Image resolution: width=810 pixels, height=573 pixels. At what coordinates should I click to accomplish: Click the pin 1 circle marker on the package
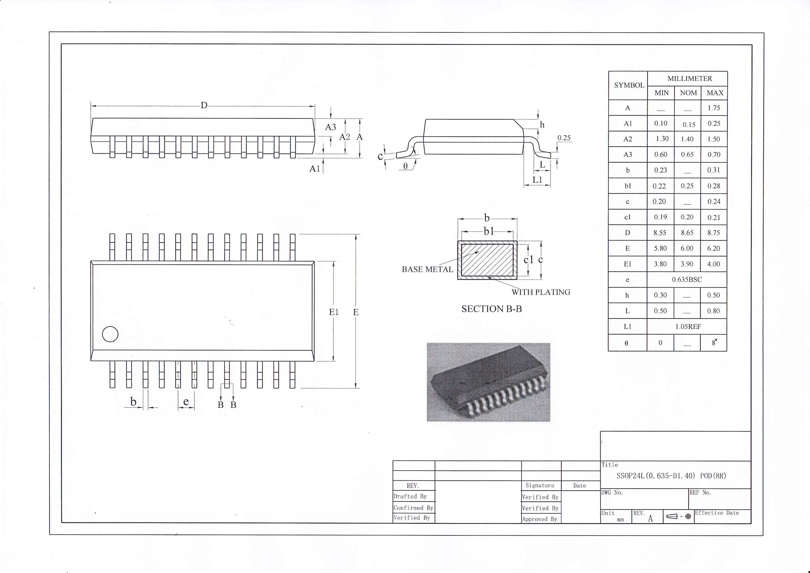click(110, 334)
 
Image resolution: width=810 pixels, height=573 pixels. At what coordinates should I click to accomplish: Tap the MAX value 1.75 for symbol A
click(714, 108)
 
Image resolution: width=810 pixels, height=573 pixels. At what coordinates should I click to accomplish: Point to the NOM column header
click(688, 93)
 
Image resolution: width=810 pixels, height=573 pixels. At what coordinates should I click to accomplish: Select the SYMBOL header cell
click(629, 85)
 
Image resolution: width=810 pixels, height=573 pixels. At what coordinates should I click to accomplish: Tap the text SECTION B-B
click(491, 309)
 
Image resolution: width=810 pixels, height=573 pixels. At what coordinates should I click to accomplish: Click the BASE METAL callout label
click(427, 270)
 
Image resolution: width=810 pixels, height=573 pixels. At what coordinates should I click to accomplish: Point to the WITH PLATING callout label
click(540, 292)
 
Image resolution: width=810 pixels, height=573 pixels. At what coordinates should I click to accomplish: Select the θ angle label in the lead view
click(405, 166)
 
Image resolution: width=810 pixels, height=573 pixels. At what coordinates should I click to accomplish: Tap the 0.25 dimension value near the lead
click(564, 138)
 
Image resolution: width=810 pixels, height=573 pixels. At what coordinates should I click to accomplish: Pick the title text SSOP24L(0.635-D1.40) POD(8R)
click(671, 476)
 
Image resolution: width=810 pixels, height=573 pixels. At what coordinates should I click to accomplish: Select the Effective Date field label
click(717, 513)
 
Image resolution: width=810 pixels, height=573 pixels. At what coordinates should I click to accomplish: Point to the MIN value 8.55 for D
click(660, 233)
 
